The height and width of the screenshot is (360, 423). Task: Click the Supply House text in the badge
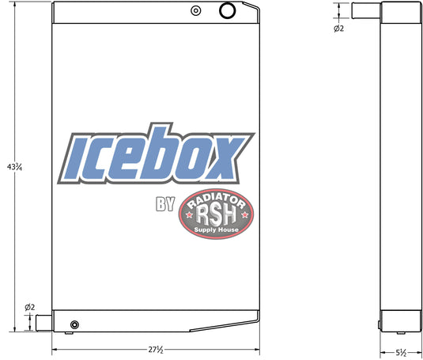tap(216, 228)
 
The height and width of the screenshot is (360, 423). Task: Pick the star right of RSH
tap(244, 214)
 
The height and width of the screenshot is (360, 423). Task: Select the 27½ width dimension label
tap(155, 350)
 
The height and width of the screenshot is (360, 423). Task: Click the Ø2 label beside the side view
tap(338, 28)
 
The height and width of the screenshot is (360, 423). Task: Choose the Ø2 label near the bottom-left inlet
tap(30, 307)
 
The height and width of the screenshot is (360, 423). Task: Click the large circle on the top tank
tap(228, 10)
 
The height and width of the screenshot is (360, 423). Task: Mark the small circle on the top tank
tap(195, 11)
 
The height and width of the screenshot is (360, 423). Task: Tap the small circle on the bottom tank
tap(75, 324)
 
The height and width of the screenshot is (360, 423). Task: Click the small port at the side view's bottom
tap(381, 323)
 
